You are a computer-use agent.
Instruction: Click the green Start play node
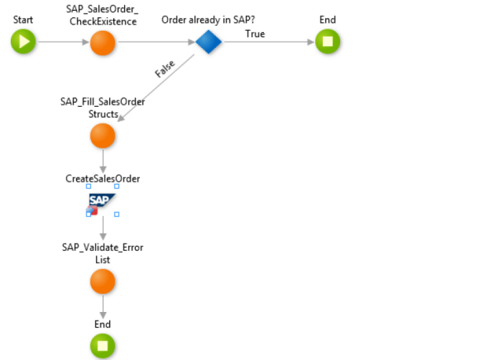[24, 42]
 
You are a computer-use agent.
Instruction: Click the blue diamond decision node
[209, 42]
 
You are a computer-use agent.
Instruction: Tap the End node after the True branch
[327, 42]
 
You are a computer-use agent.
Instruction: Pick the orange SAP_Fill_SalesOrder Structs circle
[103, 135]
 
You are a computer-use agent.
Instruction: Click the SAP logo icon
[102, 200]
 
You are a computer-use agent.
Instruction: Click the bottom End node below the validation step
[103, 346]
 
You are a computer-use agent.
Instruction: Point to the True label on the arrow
[255, 34]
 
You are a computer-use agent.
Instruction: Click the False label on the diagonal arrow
[165, 69]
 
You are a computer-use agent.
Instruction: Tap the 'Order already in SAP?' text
[209, 19]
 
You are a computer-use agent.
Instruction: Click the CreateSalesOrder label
[103, 179]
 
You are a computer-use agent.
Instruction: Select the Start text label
[23, 19]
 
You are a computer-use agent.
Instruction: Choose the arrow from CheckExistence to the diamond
[154, 42]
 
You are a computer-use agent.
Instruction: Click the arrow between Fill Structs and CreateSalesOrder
[103, 159]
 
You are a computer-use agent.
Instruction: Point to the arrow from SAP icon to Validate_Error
[103, 228]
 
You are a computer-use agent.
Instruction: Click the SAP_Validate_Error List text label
[103, 253]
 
